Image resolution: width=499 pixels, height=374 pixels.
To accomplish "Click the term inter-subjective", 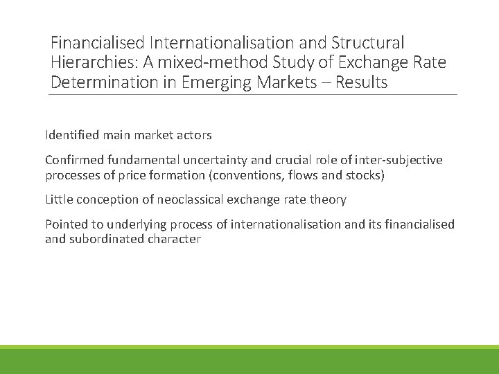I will pyautogui.click(x=399, y=160).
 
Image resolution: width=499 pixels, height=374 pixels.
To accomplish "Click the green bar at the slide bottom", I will pyautogui.click(x=249, y=360).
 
